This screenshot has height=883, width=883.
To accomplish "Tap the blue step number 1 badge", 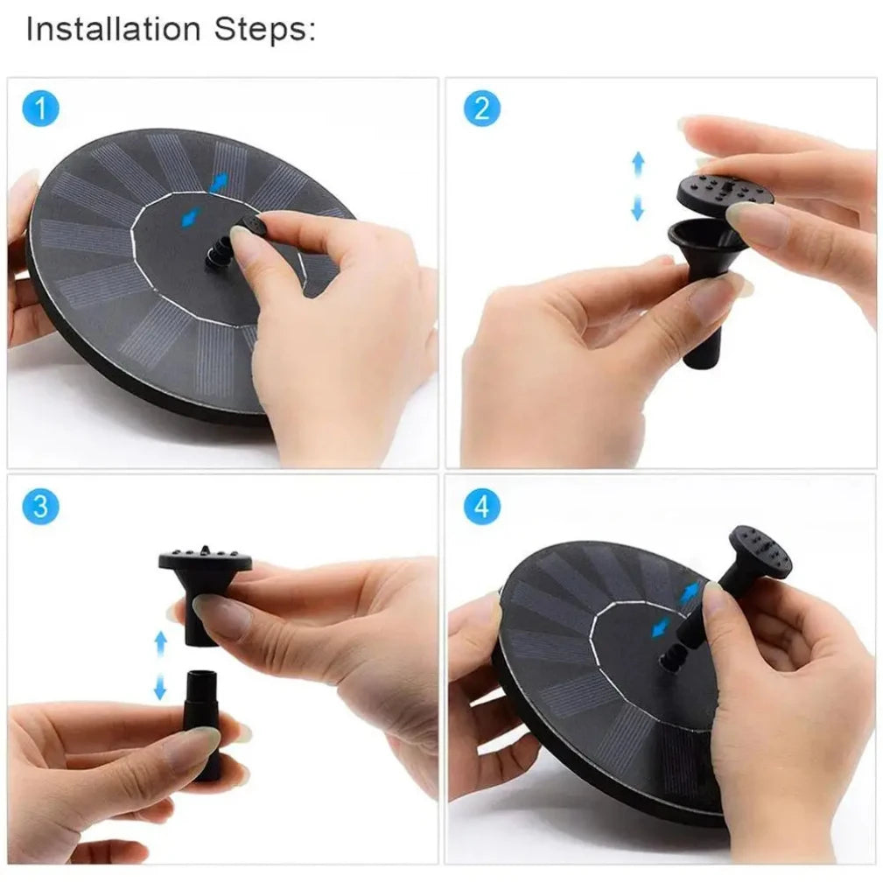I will (x=40, y=110).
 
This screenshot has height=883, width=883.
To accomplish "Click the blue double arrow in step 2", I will (x=638, y=186).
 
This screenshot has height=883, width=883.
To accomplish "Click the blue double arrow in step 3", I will (x=160, y=666).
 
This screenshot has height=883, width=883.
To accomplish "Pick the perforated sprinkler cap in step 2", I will (x=725, y=192).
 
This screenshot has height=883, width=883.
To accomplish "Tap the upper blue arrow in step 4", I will (x=690, y=592).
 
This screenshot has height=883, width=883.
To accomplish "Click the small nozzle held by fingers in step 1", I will (x=251, y=228).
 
